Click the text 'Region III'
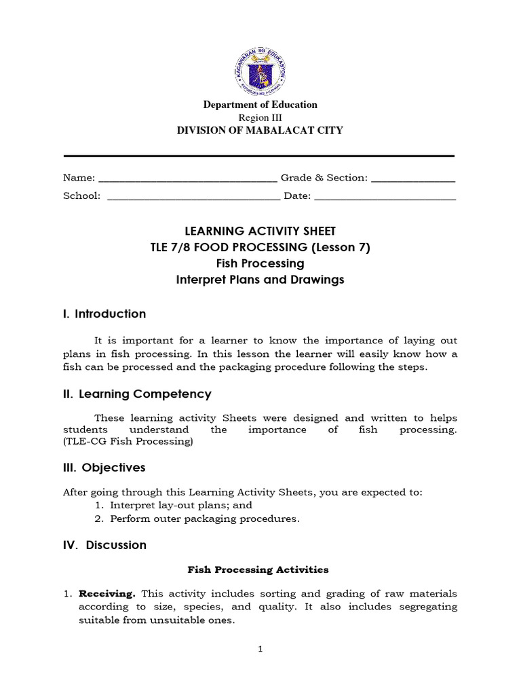pos(260,117)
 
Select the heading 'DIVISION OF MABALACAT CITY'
pos(260,130)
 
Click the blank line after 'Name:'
pos(187,179)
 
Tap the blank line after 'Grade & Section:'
pos(413,179)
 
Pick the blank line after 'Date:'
pos(385,197)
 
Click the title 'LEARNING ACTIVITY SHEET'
pos(260,231)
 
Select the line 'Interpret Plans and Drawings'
pos(260,280)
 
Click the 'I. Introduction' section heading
pos(104,314)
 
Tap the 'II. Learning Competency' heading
pos(137,394)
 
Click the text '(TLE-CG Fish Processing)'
pos(128,442)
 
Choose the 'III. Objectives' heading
pos(104,468)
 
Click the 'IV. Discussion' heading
pos(104,545)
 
